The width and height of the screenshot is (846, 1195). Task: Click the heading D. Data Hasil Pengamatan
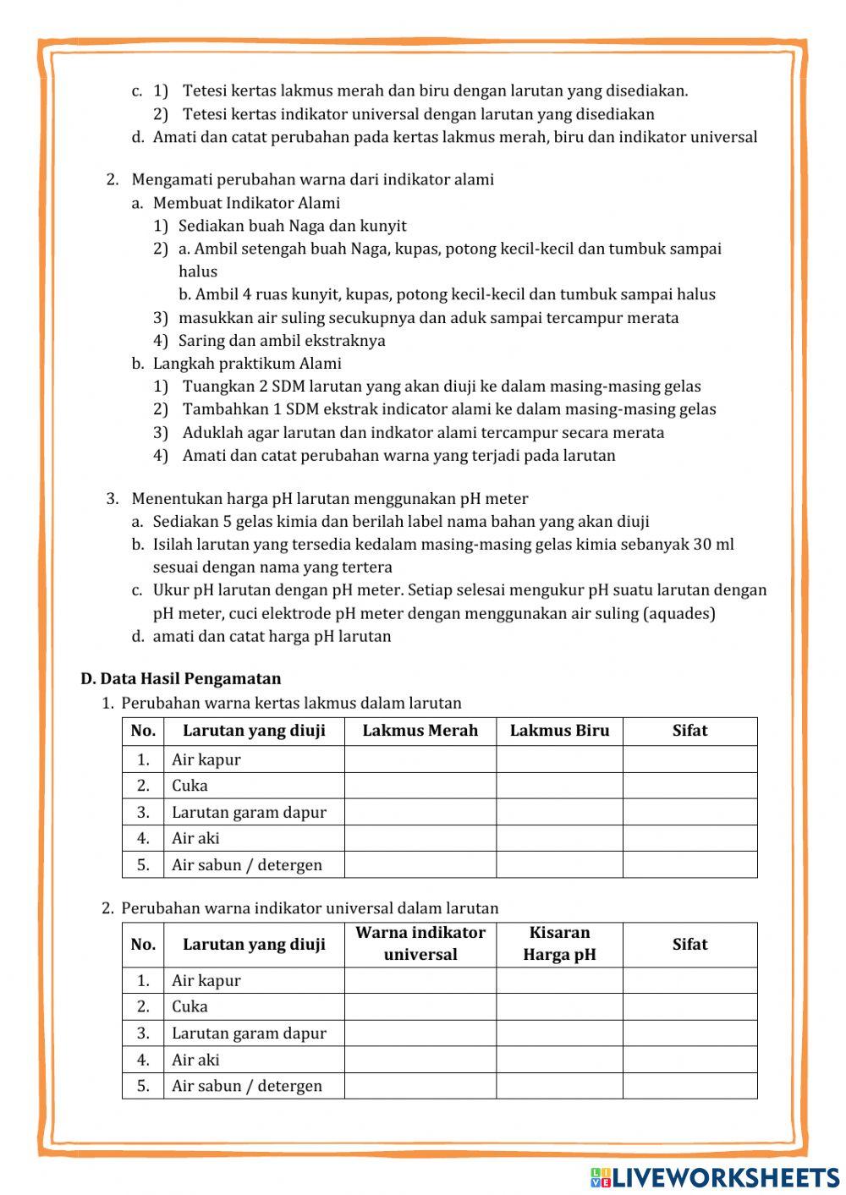pos(181,678)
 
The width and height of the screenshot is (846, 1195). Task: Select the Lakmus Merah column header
pos(420,731)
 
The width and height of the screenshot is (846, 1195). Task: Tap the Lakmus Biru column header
pos(559,731)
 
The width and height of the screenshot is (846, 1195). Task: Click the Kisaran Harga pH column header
pos(559,944)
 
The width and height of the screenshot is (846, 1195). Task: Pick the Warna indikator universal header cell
pos(420,944)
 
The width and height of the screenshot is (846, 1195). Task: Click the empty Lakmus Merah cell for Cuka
pos(420,786)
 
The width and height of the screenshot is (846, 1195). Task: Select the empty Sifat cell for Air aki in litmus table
pos(689,838)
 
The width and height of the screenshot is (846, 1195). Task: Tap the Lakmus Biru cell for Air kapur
pos(559,759)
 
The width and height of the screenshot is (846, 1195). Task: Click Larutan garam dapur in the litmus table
pos(249,812)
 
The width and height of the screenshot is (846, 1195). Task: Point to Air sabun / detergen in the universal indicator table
pos(247,1086)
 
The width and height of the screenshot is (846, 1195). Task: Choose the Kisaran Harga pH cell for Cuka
pos(559,1006)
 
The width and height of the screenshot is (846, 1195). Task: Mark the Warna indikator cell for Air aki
pos(420,1060)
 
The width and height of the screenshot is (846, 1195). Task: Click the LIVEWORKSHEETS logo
pos(715,1176)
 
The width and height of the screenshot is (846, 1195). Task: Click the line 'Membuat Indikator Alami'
pos(246,203)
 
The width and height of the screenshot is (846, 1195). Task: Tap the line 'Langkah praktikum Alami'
pos(247,364)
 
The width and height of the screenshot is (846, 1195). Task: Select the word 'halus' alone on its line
pos(198,271)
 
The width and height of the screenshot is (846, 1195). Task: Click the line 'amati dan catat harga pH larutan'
pos(272,636)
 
